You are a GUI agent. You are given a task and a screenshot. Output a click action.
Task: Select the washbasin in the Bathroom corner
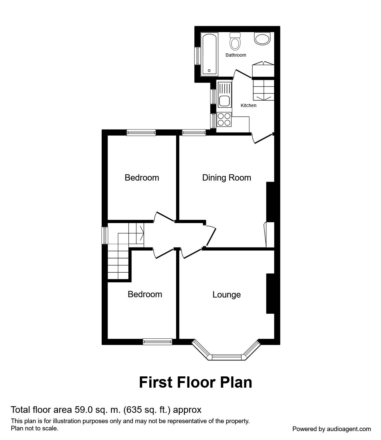[x=262, y=38]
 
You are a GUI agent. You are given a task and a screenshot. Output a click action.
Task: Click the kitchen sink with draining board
[x=224, y=94]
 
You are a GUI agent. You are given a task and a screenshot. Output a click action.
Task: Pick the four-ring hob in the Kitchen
[x=224, y=119]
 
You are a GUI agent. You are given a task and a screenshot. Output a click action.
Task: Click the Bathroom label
[x=236, y=55]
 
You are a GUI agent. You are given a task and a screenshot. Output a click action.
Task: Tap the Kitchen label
[x=248, y=105]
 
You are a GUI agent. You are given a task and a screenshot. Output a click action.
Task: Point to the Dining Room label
[x=226, y=178]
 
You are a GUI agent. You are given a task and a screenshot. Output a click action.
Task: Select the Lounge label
[x=226, y=295]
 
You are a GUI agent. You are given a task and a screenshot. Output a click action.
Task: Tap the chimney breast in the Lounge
[x=270, y=293]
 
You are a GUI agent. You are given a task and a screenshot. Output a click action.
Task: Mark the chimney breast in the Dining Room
[x=270, y=201]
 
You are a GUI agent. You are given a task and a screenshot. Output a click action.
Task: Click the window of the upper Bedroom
[x=141, y=133]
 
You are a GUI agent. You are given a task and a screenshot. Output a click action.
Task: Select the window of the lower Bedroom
[x=158, y=342]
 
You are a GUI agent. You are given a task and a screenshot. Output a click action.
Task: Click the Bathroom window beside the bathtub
[x=197, y=56]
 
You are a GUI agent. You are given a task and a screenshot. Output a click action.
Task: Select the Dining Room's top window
[x=194, y=133]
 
